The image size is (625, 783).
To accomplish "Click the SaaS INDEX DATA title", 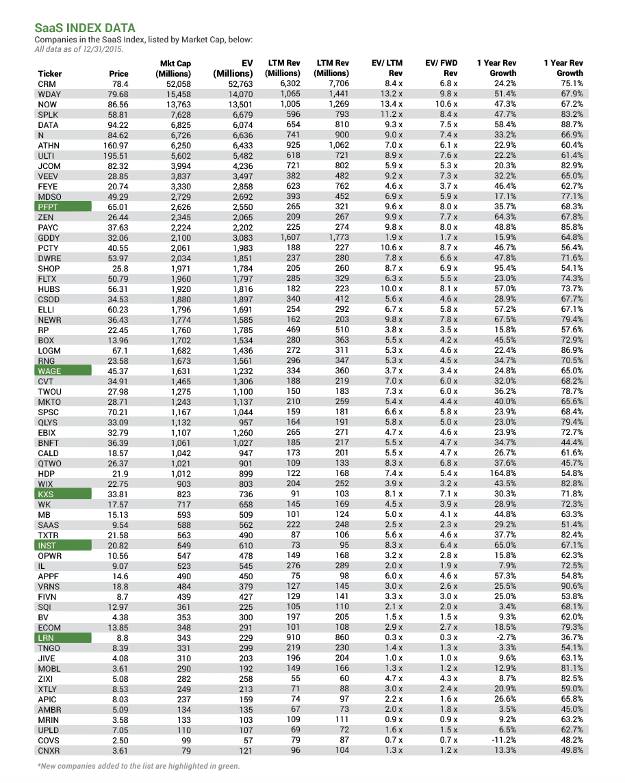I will [x=85, y=28].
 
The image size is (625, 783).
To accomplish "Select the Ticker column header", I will [x=49, y=73].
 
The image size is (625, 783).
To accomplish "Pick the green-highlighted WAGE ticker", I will [x=49, y=371].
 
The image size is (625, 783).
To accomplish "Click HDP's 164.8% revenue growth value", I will [x=501, y=473].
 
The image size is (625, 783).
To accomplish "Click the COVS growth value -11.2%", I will [x=503, y=740].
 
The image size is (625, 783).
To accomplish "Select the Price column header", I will [x=118, y=73].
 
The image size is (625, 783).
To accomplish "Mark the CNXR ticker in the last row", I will [x=50, y=750].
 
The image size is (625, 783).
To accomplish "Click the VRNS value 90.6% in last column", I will [x=570, y=586].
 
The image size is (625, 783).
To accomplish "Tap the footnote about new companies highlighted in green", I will [x=138, y=767].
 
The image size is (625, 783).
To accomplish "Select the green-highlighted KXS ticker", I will [x=46, y=494].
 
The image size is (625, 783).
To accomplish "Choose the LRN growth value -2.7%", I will [x=504, y=637].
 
